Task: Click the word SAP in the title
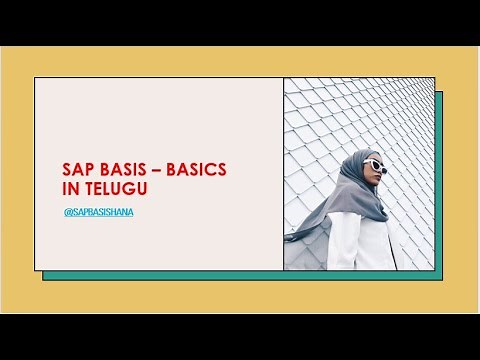click(76, 169)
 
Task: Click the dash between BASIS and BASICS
click(157, 169)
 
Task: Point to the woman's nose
click(381, 171)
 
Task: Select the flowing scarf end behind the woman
click(305, 227)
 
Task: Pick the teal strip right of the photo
click(439, 180)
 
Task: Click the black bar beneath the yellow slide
click(240, 337)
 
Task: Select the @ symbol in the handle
click(66, 213)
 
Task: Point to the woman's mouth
click(379, 180)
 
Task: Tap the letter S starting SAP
click(67, 169)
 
